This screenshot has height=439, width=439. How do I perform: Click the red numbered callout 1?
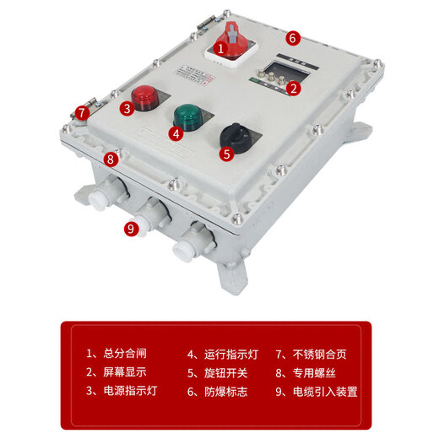click(x=220, y=49)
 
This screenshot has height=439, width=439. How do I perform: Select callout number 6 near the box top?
click(x=292, y=37)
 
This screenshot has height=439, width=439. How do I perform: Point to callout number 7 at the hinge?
click(x=81, y=111)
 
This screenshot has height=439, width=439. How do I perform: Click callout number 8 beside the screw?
click(x=109, y=158)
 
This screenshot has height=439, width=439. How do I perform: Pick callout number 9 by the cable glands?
click(x=130, y=228)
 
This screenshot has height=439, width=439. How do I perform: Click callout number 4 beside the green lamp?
click(x=176, y=133)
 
